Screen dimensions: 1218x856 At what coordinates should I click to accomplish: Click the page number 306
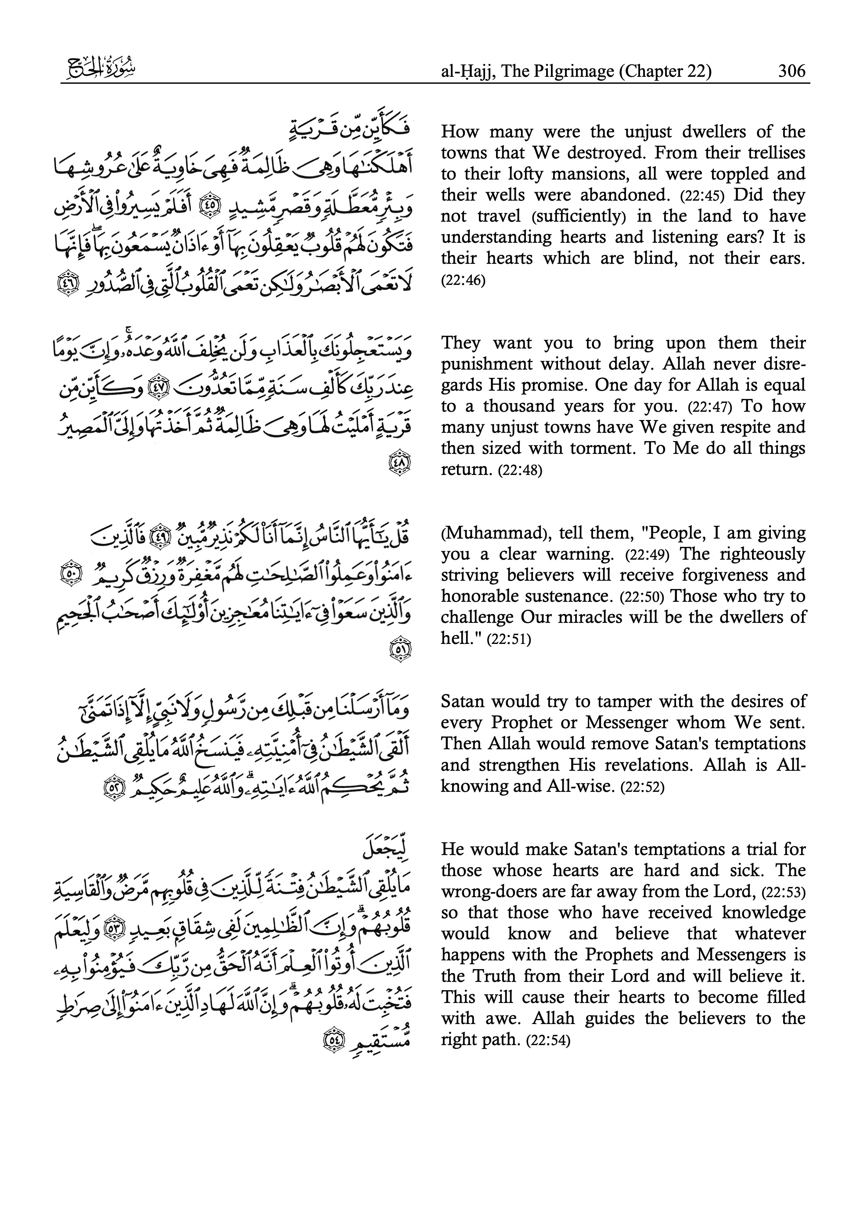click(791, 71)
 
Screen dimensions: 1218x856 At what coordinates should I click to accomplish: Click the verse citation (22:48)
click(520, 471)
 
